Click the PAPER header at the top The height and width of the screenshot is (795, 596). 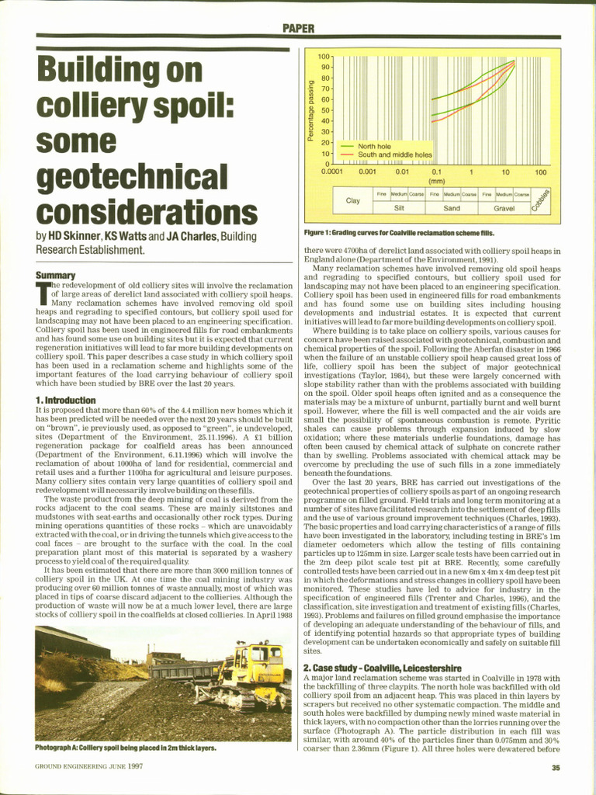click(298, 29)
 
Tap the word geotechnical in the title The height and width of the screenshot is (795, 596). click(131, 175)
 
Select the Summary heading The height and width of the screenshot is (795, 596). click(55, 275)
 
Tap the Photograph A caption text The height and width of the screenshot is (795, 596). click(125, 748)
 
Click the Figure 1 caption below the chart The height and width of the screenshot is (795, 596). click(398, 232)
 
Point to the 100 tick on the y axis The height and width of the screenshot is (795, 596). click(324, 57)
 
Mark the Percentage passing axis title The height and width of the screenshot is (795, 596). click(310, 110)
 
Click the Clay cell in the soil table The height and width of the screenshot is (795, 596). click(352, 201)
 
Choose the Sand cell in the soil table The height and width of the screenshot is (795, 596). click(451, 208)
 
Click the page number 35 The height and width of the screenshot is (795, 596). click(555, 769)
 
